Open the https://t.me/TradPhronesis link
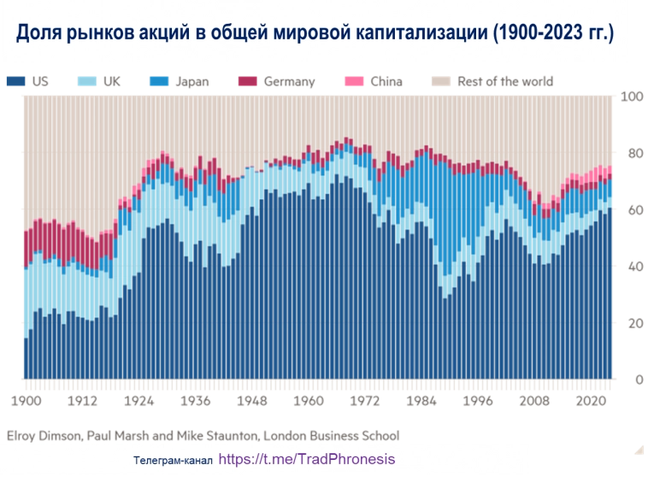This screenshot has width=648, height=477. click(x=307, y=458)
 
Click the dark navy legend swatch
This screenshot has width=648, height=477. click(x=16, y=82)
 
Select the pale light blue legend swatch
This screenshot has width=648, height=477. click(x=88, y=82)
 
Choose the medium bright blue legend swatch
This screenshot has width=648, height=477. click(x=158, y=82)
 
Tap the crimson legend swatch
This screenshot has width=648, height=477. click(x=247, y=82)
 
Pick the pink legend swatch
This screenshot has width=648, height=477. click(x=354, y=82)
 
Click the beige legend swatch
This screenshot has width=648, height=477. click(x=439, y=82)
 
